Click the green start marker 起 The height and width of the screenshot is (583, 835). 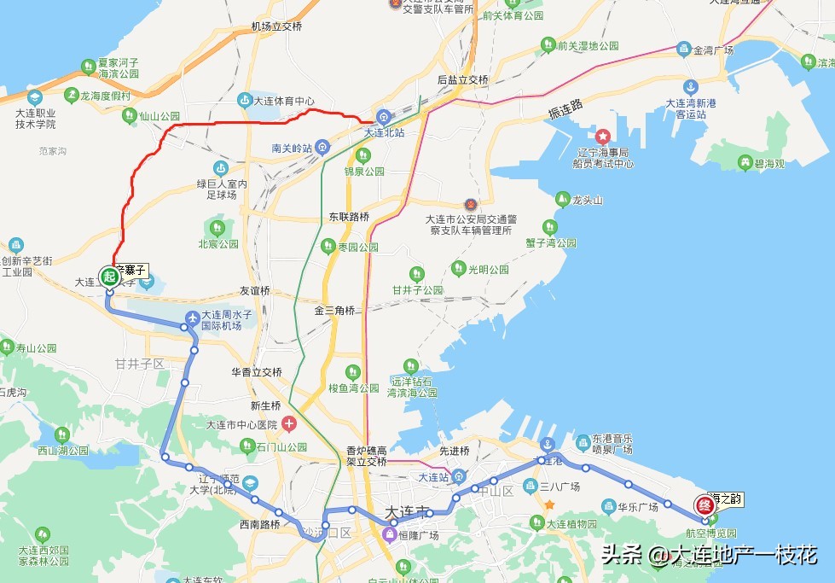[108, 276]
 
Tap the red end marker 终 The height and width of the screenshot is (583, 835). [704, 504]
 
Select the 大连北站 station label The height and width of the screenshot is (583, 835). [386, 132]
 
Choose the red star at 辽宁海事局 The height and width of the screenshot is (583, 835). [603, 136]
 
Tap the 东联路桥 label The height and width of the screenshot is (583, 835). [349, 217]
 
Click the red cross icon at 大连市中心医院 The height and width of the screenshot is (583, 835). [289, 423]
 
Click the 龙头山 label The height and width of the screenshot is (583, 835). [588, 201]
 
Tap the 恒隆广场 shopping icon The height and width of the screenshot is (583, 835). [390, 535]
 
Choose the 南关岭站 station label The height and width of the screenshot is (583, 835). [293, 148]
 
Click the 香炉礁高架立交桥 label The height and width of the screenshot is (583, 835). [368, 456]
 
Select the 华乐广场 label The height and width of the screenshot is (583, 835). [636, 505]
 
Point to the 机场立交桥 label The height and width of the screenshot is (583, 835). [276, 26]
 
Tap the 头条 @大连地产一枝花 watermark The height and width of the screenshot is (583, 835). [708, 556]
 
